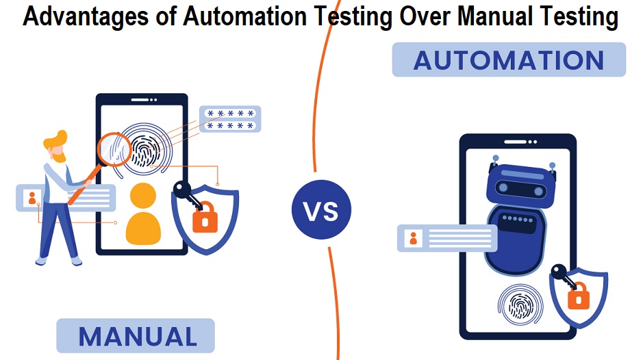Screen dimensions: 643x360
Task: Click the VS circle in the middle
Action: pos(321,210)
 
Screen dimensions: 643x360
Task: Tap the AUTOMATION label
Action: pos(508,60)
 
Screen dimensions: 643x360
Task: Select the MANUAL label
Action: pos(137,335)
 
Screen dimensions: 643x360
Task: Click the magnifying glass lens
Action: pos(114,148)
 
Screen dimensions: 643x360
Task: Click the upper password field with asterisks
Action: pos(230,114)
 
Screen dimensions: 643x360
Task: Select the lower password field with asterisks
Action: pos(230,127)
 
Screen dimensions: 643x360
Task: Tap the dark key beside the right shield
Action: pos(562,274)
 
